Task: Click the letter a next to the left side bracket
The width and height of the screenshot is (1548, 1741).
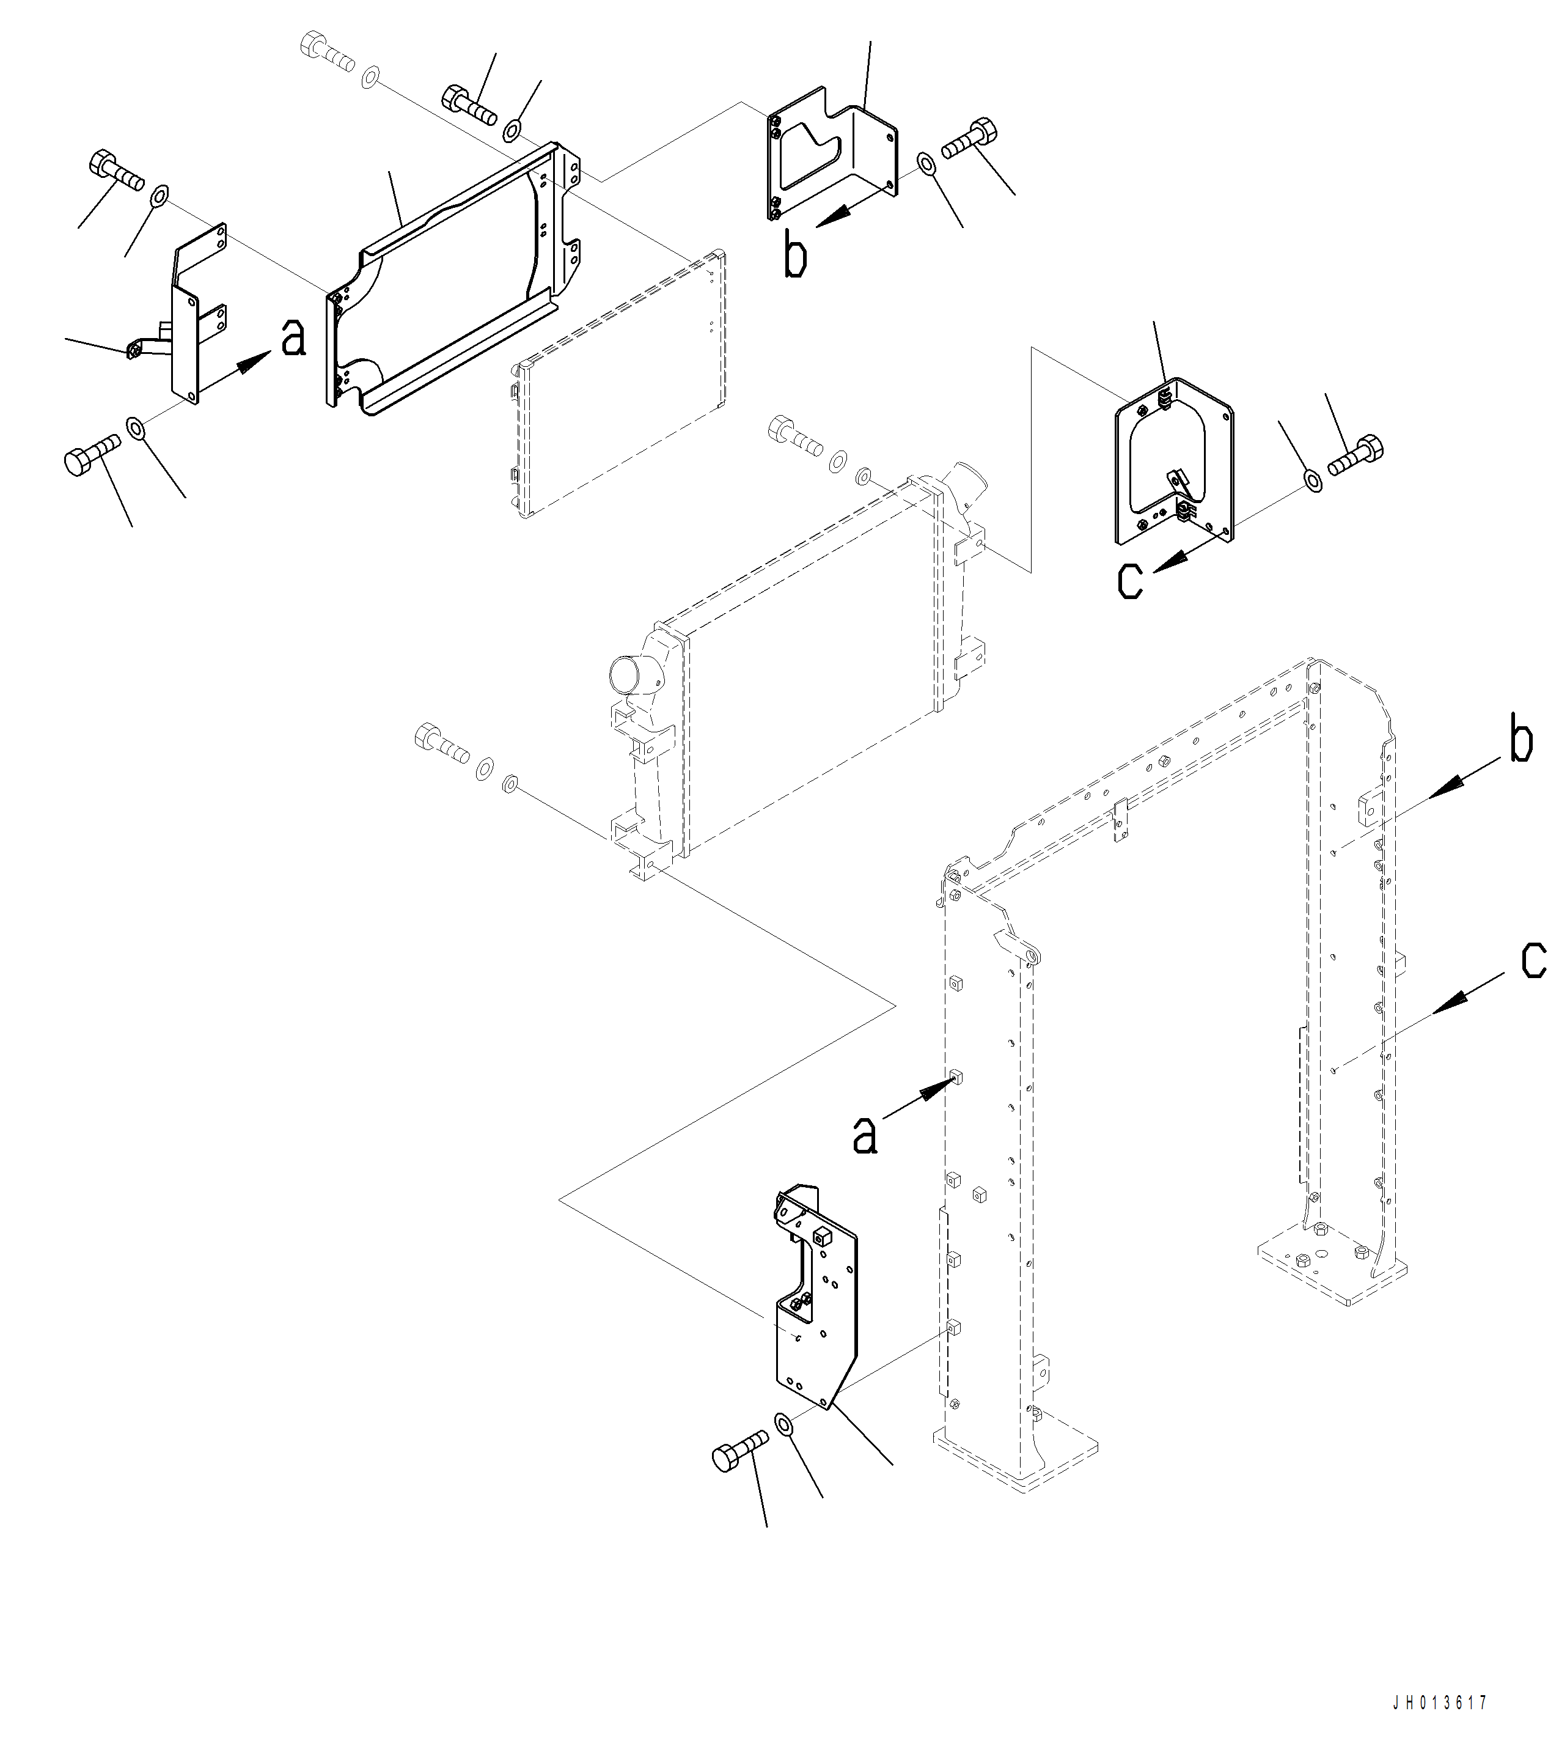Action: click(x=293, y=339)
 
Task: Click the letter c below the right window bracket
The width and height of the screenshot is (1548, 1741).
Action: click(x=1131, y=581)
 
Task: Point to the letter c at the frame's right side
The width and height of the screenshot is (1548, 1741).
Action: click(x=1533, y=960)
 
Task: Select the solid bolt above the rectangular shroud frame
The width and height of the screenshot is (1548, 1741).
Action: click(x=468, y=104)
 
